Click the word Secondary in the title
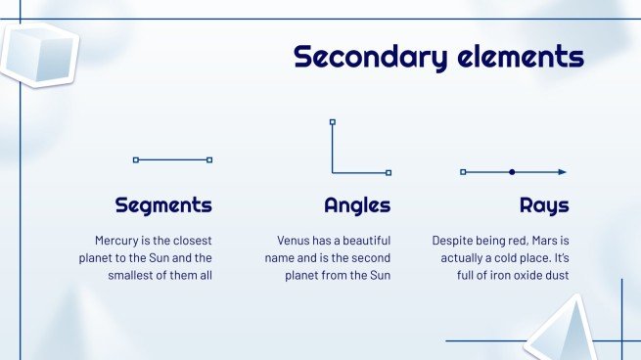click(x=372, y=56)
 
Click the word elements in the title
click(x=520, y=56)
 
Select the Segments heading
click(x=163, y=205)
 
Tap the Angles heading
click(x=357, y=205)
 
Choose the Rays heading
click(x=544, y=205)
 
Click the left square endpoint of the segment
click(x=136, y=159)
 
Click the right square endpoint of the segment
click(x=209, y=159)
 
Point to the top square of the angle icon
click(x=333, y=122)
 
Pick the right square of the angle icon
click(x=389, y=173)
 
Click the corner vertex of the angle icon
click(x=333, y=173)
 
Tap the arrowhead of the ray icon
click(x=563, y=172)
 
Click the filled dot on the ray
click(x=512, y=172)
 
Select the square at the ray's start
click(x=463, y=172)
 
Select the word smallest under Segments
click(x=131, y=275)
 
